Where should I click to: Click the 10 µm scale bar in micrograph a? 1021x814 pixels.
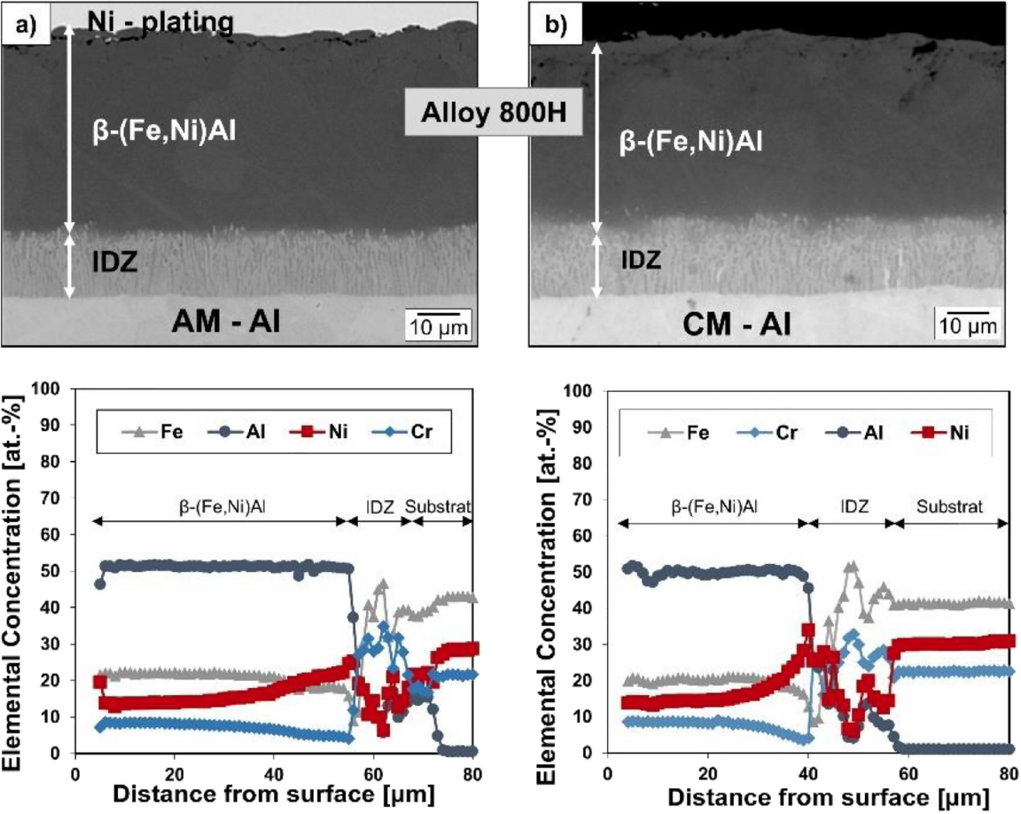point(437,325)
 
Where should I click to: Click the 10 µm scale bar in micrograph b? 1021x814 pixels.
point(969,325)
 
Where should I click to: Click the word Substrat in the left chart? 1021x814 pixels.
point(438,506)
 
